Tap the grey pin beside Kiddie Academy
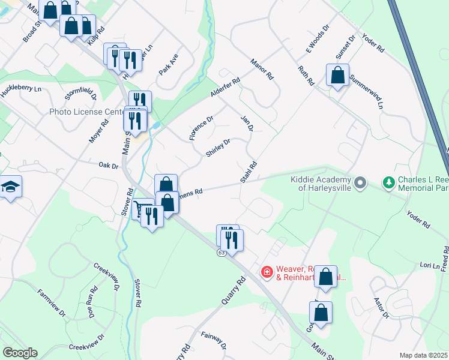360,182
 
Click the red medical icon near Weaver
266,272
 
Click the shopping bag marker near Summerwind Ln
337,76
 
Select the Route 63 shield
221,253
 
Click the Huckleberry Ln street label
20,89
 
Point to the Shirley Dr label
218,148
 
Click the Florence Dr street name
201,128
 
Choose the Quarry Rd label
234,290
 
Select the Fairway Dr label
214,340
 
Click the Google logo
20,353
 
